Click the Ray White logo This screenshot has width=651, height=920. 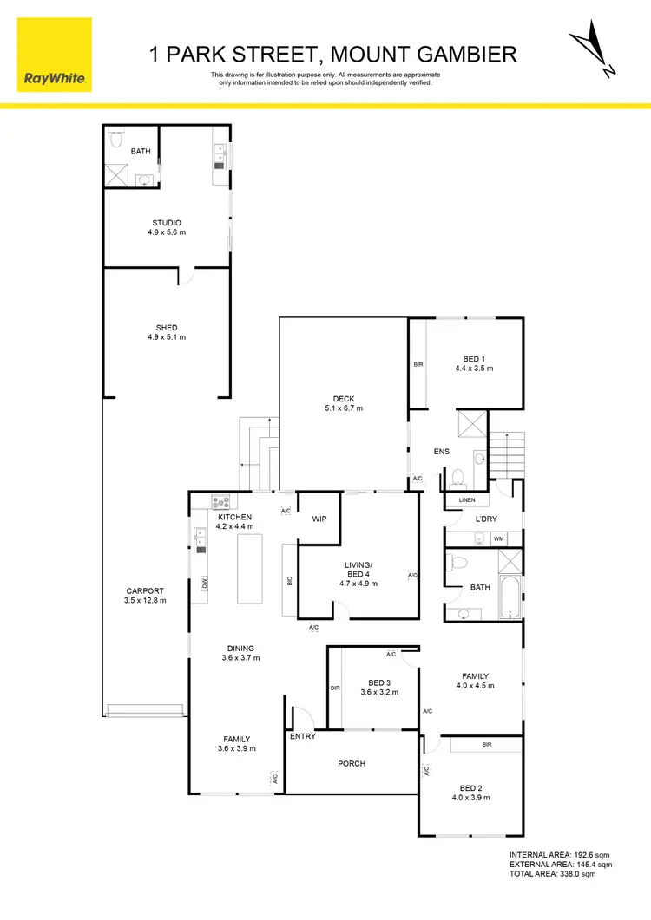[54, 54]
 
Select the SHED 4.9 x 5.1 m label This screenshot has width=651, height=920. [167, 332]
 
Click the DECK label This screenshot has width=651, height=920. [343, 403]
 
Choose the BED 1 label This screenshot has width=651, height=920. [474, 363]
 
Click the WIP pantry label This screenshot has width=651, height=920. [319, 519]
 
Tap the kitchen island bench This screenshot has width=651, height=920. [250, 568]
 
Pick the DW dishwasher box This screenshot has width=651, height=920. [205, 584]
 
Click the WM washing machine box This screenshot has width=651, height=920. [498, 539]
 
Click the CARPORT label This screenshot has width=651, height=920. [145, 595]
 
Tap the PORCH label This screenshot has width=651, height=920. [352, 764]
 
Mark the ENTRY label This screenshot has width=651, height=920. [303, 736]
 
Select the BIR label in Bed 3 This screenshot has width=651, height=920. [335, 688]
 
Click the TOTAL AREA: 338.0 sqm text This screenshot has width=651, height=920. [561, 874]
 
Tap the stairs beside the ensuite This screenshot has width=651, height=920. [508, 455]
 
